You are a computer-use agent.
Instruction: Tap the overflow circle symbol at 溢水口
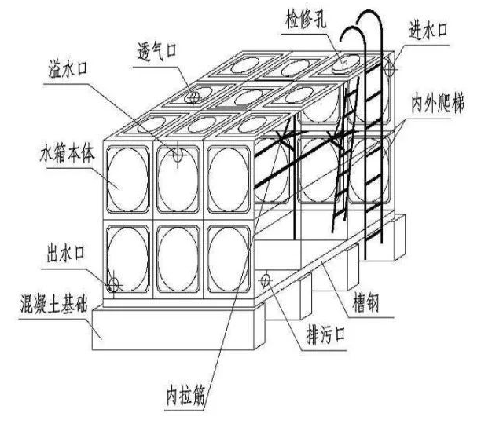pyautogui.click(x=178, y=155)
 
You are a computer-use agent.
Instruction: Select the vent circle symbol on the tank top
pyautogui.click(x=193, y=99)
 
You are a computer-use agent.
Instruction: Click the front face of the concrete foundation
pyautogui.click(x=173, y=327)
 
